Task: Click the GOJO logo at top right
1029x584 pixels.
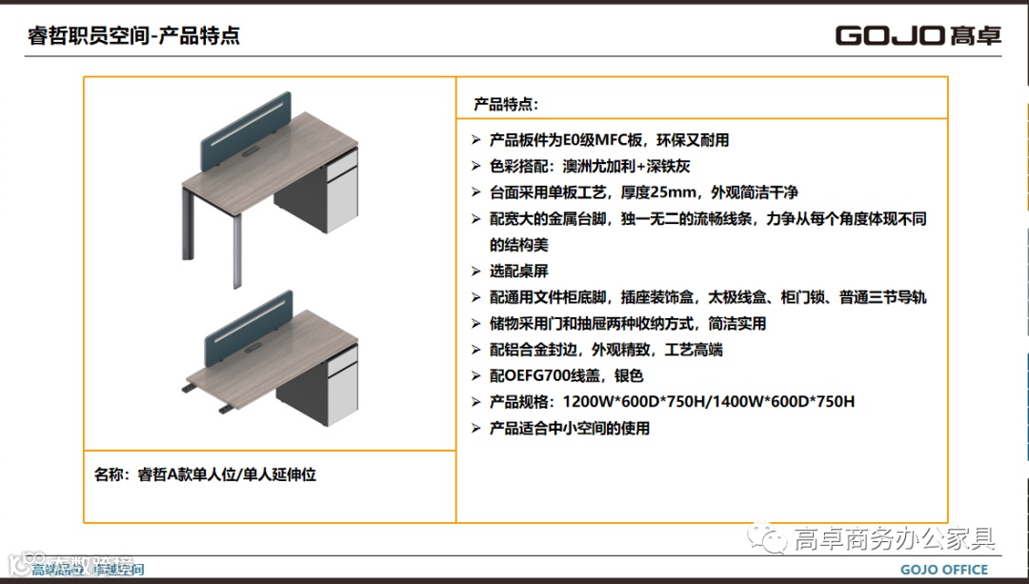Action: click(918, 36)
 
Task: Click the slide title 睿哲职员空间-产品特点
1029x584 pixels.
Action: click(133, 36)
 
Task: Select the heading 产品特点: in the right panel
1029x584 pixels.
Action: click(506, 104)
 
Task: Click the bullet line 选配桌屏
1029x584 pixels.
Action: click(519, 271)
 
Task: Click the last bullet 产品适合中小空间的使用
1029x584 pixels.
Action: click(570, 428)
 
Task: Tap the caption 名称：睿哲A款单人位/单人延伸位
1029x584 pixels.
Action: click(206, 473)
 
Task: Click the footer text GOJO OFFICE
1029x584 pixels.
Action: click(944, 570)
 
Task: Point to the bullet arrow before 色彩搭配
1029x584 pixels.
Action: click(476, 166)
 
